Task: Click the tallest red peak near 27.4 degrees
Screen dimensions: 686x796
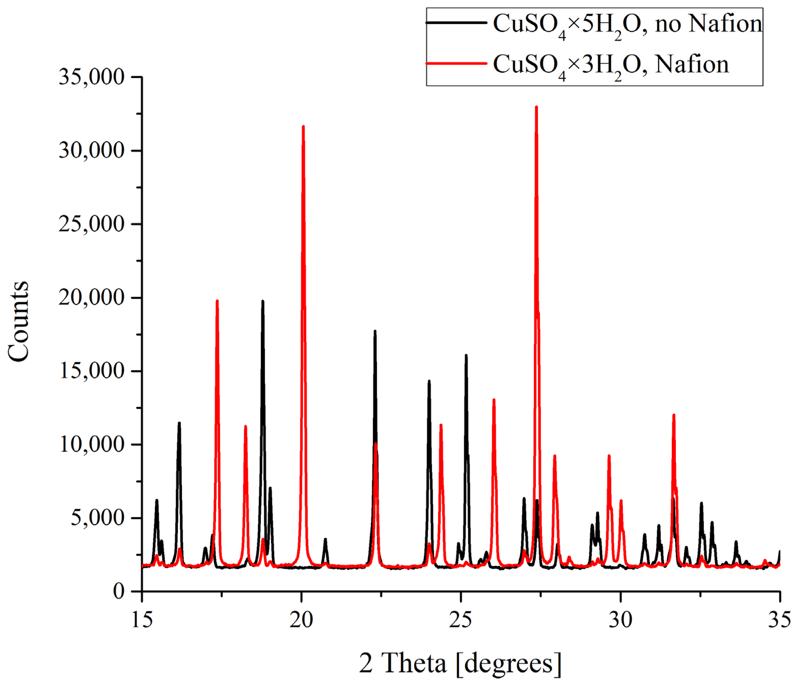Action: pos(536,108)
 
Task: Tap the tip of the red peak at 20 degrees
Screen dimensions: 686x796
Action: pos(303,127)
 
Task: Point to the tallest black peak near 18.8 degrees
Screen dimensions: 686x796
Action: pos(263,302)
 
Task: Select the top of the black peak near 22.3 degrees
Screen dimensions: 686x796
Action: pos(375,331)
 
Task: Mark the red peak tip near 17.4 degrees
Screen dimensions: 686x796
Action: pos(217,301)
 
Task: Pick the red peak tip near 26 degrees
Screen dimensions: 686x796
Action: pos(494,401)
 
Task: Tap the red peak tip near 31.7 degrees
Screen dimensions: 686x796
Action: pos(673,415)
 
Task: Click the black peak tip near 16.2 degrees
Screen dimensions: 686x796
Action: pos(179,423)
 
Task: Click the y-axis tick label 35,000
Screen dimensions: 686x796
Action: pos(91,77)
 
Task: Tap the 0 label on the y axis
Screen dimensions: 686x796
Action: pos(119,591)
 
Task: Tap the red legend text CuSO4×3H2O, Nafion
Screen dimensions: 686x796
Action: pos(611,65)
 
